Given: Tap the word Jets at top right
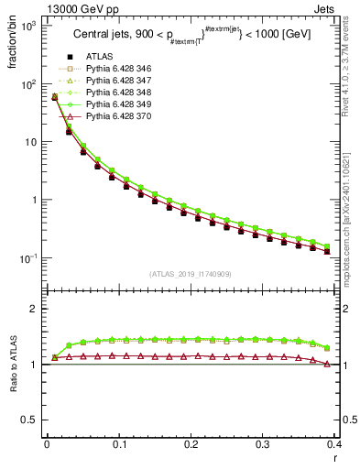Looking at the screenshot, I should tap(343, 8).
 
